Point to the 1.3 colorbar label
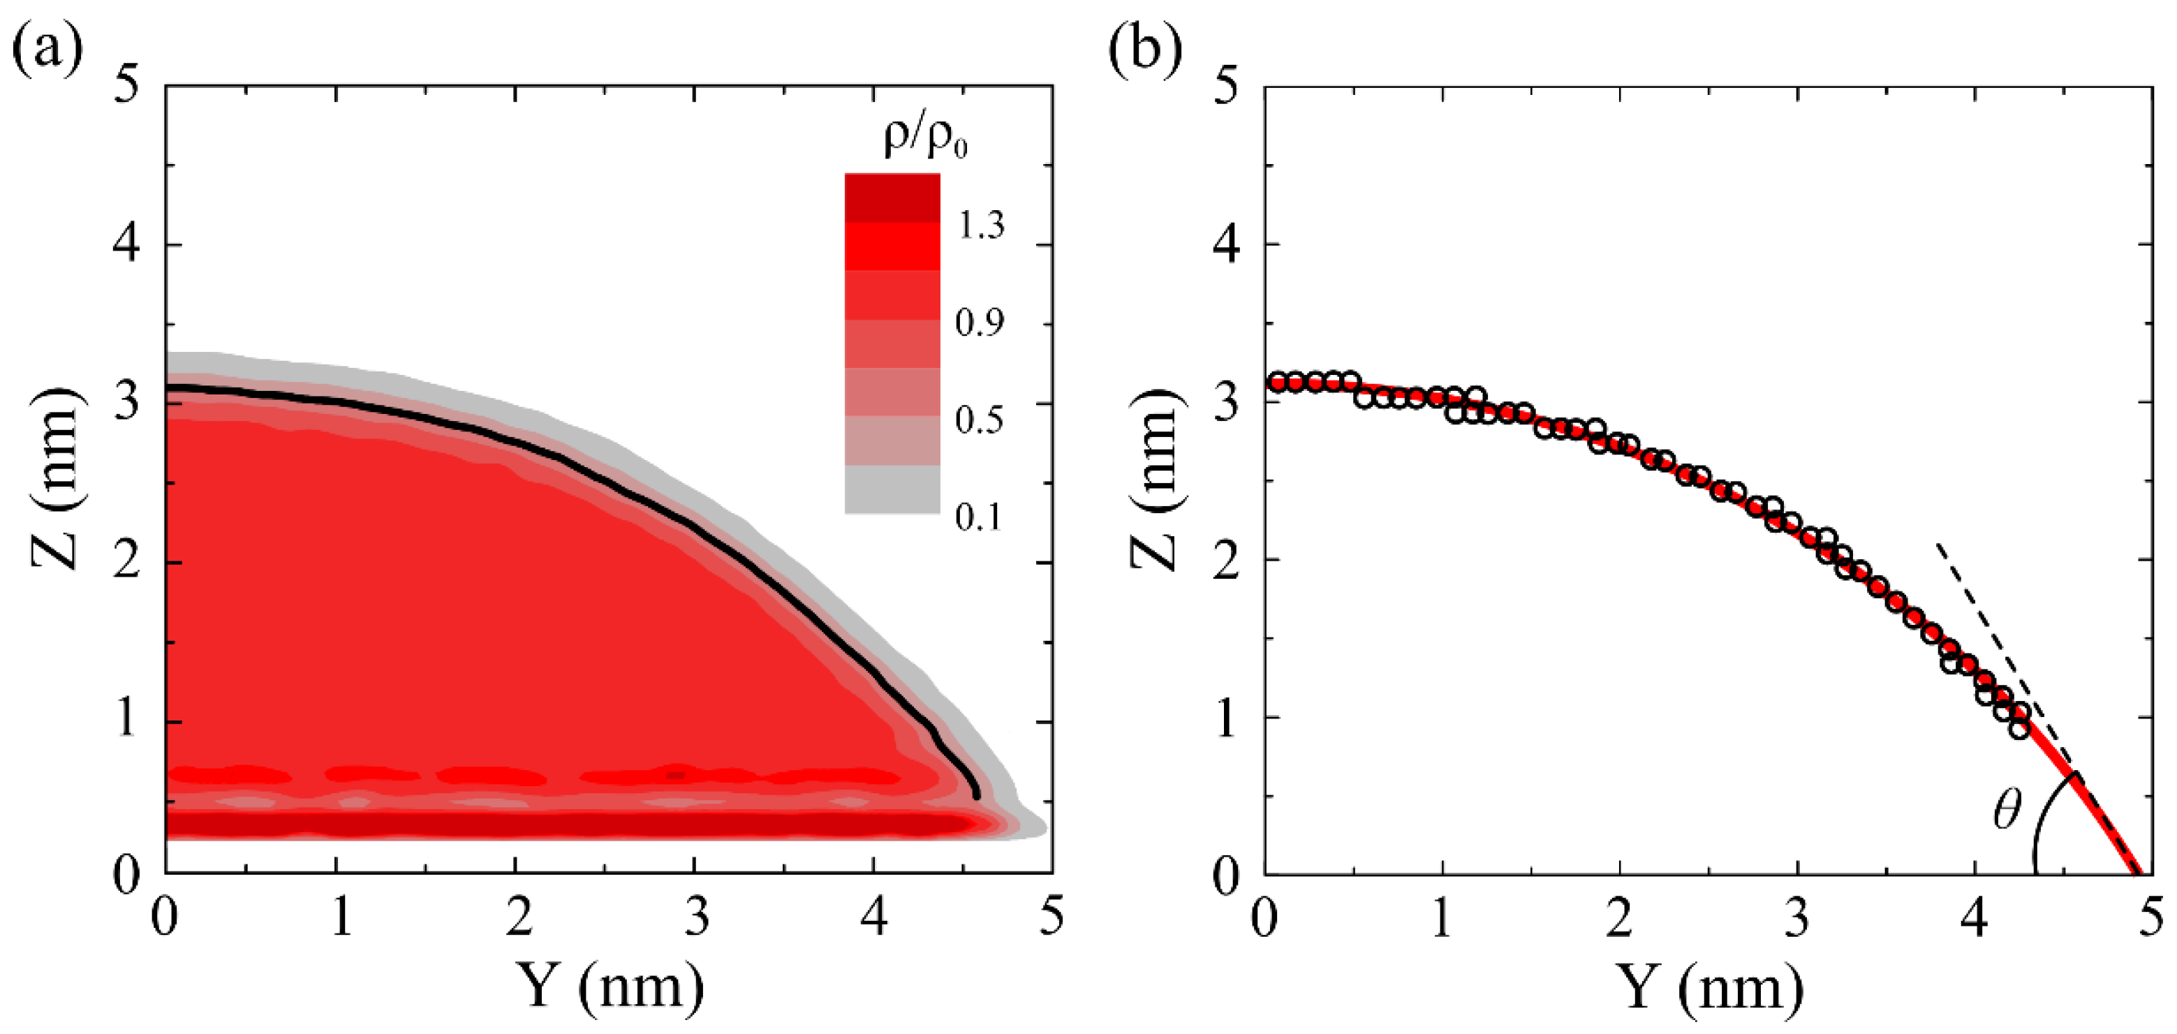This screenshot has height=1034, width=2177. coord(980,226)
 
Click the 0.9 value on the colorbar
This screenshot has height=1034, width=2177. coord(980,323)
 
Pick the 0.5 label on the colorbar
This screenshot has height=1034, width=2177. coord(980,420)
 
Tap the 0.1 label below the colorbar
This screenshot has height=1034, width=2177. coord(980,517)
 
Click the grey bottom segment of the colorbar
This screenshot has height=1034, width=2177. coord(892,489)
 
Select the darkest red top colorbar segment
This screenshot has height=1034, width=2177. coord(892,198)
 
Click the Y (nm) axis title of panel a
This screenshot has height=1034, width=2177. coord(610,986)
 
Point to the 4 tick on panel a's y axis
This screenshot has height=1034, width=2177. coord(127,245)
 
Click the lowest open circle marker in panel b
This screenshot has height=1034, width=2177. coord(2020,729)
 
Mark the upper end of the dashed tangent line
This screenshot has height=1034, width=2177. coord(1939,545)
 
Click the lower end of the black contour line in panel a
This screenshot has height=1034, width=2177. coord(977,795)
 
